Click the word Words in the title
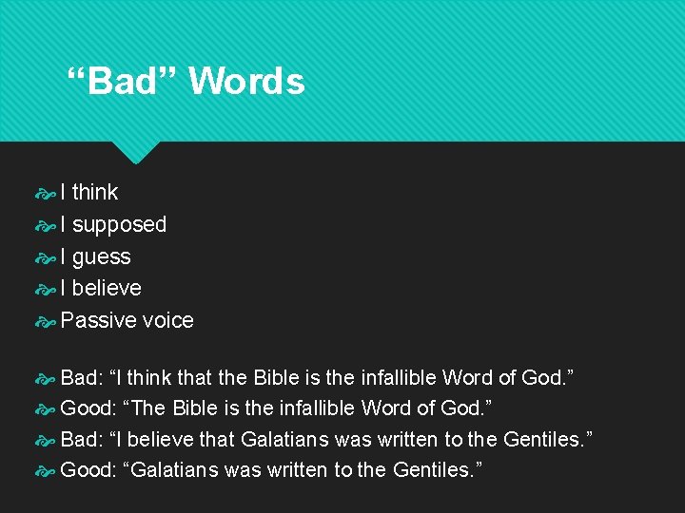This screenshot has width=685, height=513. pos(246,82)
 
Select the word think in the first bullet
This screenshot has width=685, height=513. pos(95,192)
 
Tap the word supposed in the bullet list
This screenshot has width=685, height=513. pos(119,224)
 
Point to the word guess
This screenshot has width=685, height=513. pos(101,256)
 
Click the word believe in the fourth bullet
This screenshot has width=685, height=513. pos(107,288)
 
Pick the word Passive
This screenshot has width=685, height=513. pos(98,320)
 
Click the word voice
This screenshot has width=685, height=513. pos(167,320)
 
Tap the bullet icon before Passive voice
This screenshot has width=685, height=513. pos(46,321)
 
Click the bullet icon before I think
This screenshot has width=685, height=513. pos(46,193)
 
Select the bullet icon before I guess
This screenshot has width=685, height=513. pos(46,257)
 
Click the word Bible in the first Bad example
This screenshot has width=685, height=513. pos(275,377)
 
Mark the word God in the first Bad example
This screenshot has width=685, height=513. pos(543,377)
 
